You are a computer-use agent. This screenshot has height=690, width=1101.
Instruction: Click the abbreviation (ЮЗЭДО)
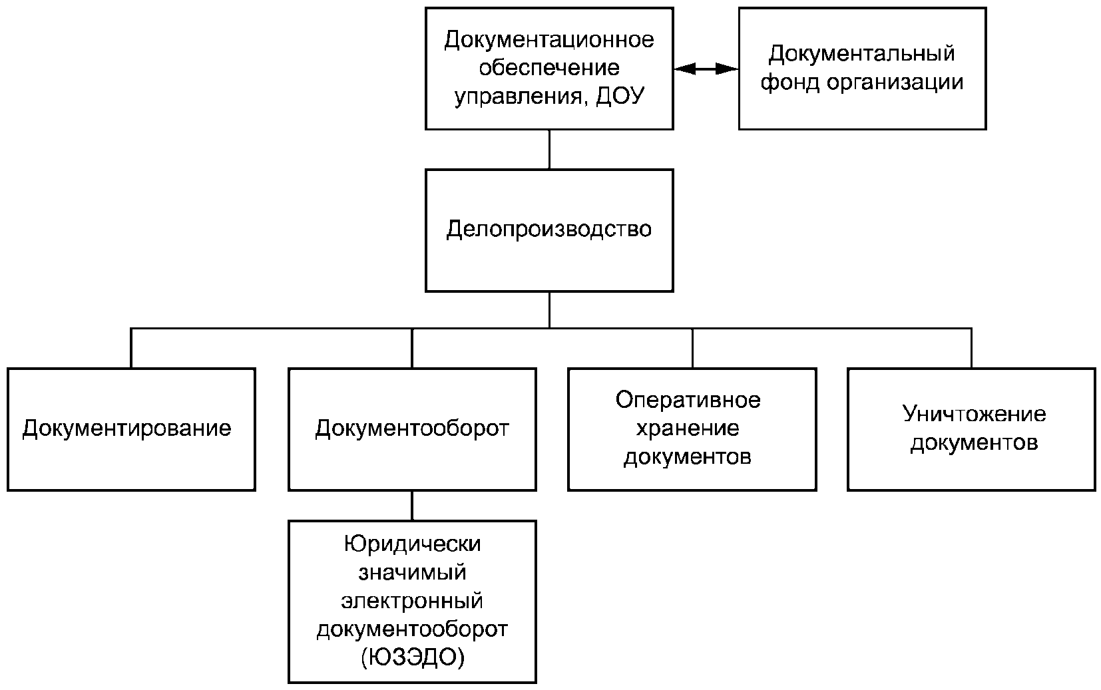(413, 657)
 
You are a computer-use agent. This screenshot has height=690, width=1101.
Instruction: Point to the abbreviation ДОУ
(620, 96)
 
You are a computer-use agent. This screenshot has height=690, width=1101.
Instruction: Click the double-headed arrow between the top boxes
(706, 69)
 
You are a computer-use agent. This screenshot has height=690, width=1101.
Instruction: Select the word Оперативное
(688, 401)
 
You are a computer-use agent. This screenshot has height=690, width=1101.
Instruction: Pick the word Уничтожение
(974, 415)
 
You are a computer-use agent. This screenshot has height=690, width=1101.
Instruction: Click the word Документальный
(861, 54)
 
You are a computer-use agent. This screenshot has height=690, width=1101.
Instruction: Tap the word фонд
(790, 82)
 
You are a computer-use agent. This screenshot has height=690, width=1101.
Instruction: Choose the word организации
(895, 83)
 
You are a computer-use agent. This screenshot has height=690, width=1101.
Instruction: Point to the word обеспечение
(549, 67)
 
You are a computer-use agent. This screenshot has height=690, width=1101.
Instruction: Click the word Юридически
(413, 544)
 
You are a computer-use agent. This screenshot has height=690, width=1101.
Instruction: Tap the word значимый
(413, 573)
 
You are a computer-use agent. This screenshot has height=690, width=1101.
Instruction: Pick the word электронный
(413, 602)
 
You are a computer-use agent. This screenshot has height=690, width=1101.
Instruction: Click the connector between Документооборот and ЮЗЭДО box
(412, 506)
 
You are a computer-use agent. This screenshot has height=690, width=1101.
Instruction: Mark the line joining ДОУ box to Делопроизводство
(549, 150)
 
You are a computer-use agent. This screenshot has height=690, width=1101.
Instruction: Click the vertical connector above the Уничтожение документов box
(971, 348)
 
